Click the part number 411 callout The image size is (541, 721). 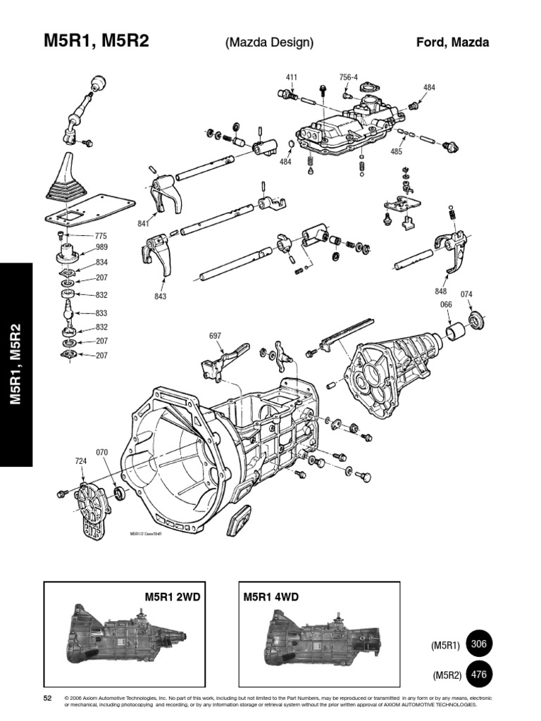[292, 77]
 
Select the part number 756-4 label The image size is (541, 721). [348, 77]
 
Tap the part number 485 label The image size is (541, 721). [397, 151]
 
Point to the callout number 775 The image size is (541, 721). [101, 236]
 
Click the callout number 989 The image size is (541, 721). [101, 249]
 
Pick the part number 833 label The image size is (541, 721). [101, 313]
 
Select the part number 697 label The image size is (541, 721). [216, 336]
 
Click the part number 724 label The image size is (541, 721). [81, 461]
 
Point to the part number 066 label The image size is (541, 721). [445, 304]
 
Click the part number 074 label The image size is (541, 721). [466, 294]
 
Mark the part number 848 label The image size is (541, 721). [442, 291]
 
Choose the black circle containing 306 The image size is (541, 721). [479, 644]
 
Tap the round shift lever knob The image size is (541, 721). [98, 82]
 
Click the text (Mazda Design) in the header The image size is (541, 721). [269, 43]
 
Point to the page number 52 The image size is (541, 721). [49, 697]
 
